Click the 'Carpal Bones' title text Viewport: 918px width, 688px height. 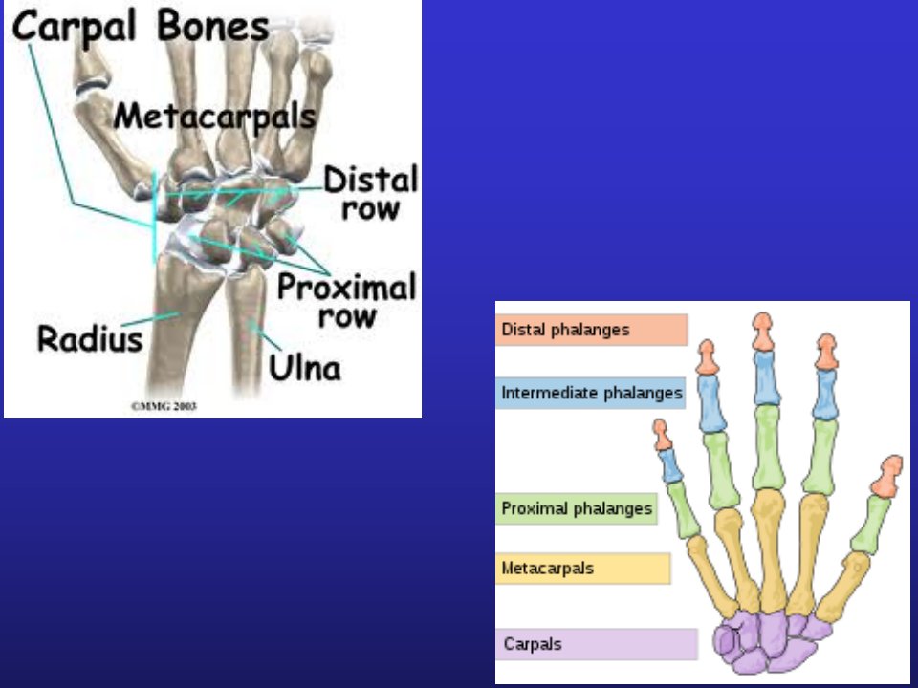pyautogui.click(x=141, y=28)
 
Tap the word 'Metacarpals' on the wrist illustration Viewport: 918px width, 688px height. pyautogui.click(x=215, y=117)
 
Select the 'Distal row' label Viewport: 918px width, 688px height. pyautogui.click(x=371, y=193)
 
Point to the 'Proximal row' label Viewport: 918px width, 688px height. pyautogui.click(x=346, y=301)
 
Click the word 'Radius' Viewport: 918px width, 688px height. pyautogui.click(x=90, y=338)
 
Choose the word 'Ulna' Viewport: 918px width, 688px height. pyautogui.click(x=304, y=368)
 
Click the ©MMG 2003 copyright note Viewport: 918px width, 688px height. pyautogui.click(x=164, y=406)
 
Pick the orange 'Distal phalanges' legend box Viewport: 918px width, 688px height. pyautogui.click(x=591, y=330)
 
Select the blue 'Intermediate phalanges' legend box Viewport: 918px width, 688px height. pyautogui.click(x=591, y=393)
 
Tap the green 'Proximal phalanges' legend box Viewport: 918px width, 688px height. pyautogui.click(x=577, y=508)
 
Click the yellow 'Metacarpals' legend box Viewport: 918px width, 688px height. pyautogui.click(x=583, y=568)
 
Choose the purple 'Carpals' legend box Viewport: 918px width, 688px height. pyautogui.click(x=597, y=644)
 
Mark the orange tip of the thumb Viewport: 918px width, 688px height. pyautogui.click(x=887, y=477)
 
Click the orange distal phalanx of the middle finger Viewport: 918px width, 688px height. pyautogui.click(x=763, y=332)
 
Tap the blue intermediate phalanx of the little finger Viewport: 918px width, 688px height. pyautogui.click(x=670, y=465)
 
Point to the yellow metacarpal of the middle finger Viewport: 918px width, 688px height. pyautogui.click(x=770, y=551)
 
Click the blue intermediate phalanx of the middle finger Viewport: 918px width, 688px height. pyautogui.click(x=767, y=378)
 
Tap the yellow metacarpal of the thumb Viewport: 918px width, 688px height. pyautogui.click(x=843, y=587)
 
